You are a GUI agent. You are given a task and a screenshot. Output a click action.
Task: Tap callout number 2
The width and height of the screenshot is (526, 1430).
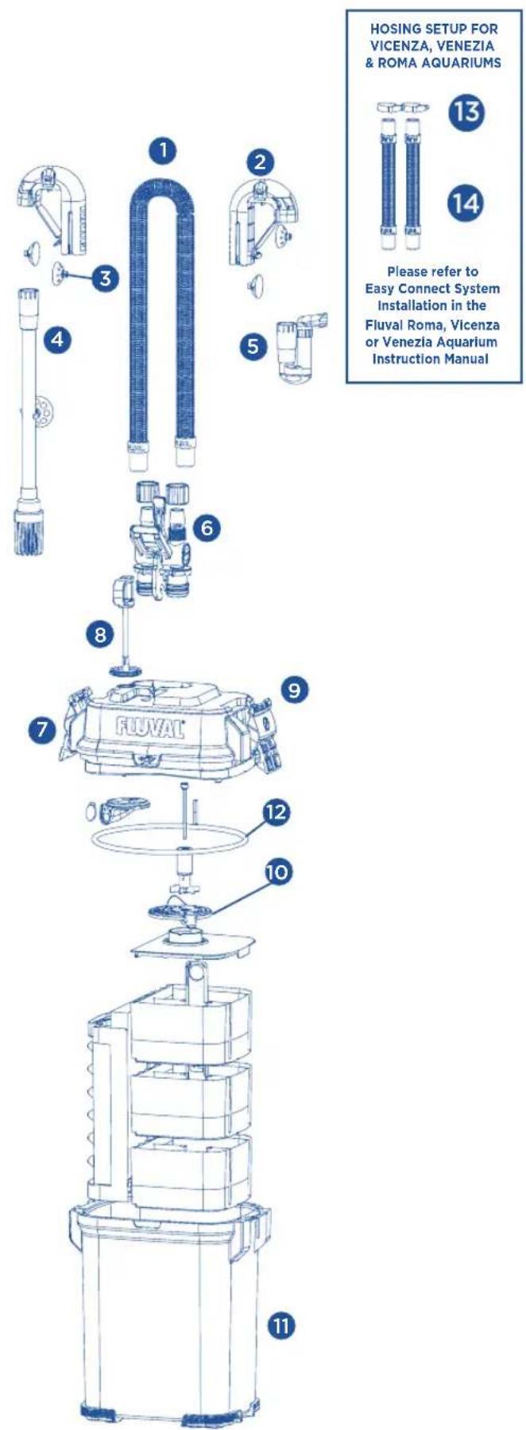coord(259,163)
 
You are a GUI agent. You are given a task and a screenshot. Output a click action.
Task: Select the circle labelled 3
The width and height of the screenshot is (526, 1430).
coord(105,278)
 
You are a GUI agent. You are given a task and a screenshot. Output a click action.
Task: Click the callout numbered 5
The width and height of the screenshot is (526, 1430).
coord(253,345)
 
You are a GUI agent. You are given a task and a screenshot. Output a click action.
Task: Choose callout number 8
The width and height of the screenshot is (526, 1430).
coord(99,634)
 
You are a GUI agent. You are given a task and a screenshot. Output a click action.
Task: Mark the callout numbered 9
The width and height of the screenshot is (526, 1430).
coord(295,690)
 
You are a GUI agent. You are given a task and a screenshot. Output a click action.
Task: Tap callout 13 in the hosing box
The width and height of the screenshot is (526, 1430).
coord(463,113)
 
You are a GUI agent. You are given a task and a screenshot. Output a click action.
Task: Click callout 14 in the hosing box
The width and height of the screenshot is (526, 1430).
coord(463,204)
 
